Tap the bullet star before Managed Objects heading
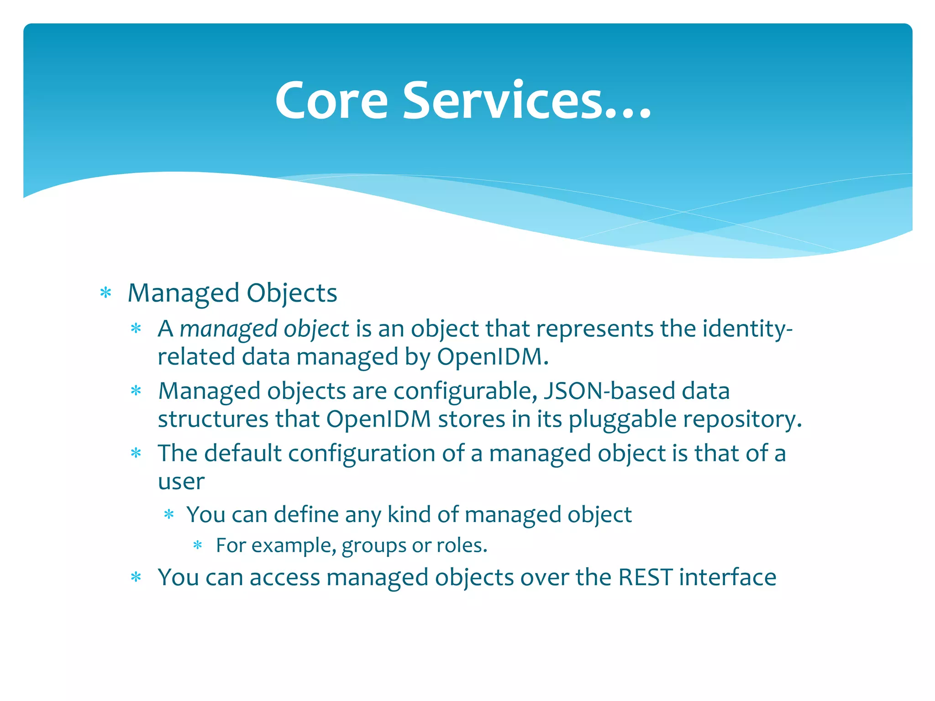pyautogui.click(x=105, y=293)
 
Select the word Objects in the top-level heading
pyautogui.click(x=292, y=293)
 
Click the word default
pyautogui.click(x=242, y=453)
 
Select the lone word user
pyautogui.click(x=181, y=482)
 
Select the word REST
pyautogui.click(x=645, y=577)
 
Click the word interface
pyautogui.click(x=727, y=577)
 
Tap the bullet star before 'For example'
pyautogui.click(x=197, y=545)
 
